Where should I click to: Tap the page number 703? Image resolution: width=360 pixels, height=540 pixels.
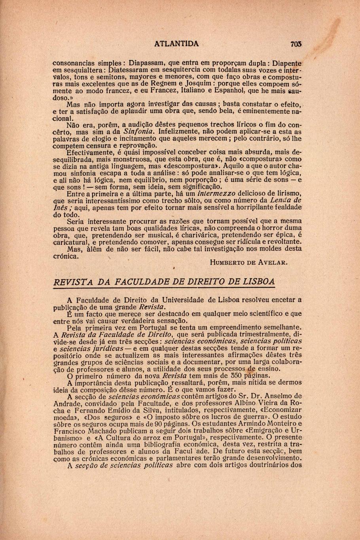tap(296, 44)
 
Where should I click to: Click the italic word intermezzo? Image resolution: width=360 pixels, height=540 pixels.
tap(216, 194)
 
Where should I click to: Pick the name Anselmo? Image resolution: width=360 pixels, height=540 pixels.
tap(275, 396)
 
